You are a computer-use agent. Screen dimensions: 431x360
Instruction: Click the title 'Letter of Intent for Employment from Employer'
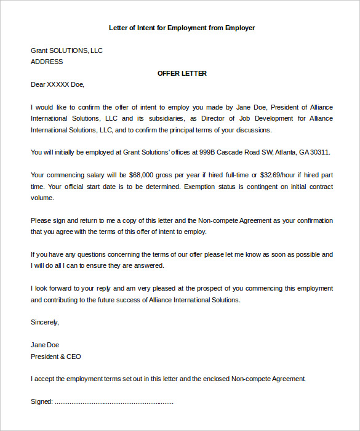[x=182, y=28]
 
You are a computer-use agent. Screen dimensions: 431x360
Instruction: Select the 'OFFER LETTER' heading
[x=182, y=73]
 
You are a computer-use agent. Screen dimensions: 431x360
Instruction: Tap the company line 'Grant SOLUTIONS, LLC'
[x=66, y=50]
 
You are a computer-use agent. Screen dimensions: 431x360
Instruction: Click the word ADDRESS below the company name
[x=47, y=62]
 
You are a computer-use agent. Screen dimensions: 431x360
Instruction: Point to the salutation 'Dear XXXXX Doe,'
[x=57, y=84]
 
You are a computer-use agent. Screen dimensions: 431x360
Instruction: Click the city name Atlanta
[x=287, y=152]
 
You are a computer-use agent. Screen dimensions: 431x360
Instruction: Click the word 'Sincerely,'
[x=45, y=322]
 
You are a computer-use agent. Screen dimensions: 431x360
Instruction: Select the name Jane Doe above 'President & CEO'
[x=45, y=345]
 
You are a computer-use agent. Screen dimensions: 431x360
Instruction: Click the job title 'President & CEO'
[x=55, y=356]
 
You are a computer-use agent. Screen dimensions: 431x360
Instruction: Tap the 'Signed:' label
[x=42, y=402]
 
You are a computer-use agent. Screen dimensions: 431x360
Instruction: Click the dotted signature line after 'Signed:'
[x=114, y=403]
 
